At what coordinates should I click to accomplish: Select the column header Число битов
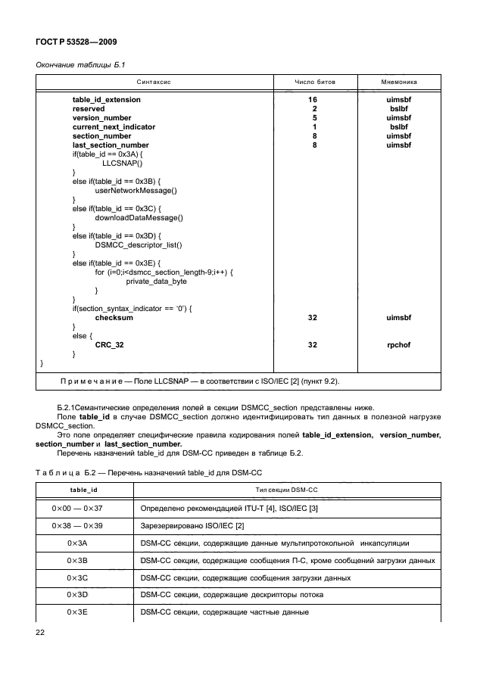point(312,81)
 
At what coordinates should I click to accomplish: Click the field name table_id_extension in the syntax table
point(106,100)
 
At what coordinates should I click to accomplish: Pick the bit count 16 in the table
point(312,100)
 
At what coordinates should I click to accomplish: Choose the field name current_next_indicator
point(114,127)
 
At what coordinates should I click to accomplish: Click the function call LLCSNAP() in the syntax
point(122,163)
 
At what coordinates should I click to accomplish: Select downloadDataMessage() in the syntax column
point(139,218)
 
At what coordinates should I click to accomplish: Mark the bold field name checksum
point(114,318)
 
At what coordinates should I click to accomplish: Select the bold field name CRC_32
point(109,345)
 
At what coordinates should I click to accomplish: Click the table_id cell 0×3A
point(77,543)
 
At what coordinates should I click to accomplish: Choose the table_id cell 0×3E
point(77,612)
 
